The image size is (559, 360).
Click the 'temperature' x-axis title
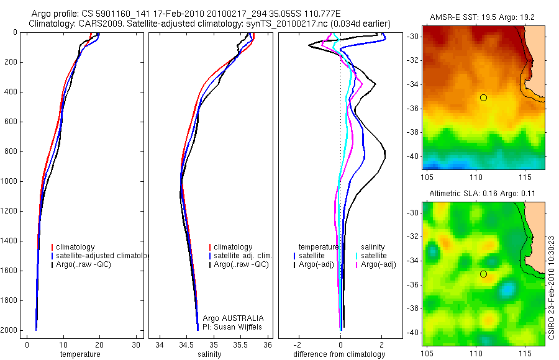[80, 354]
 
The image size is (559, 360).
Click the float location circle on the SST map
[483, 97]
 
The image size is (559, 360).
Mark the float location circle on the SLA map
[483, 274]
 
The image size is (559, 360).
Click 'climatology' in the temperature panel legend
[83, 247]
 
